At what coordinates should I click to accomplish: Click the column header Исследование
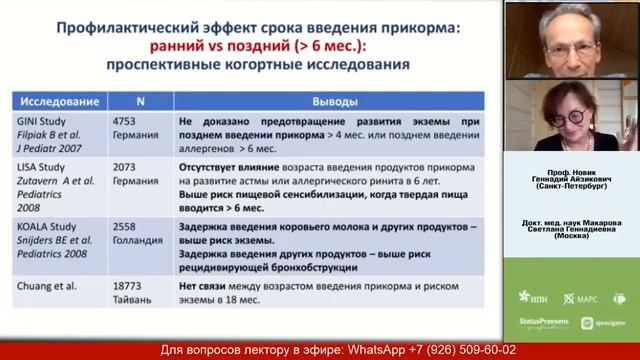click(x=56, y=101)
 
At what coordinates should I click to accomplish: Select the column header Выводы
click(x=325, y=101)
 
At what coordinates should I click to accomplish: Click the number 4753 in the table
click(x=128, y=119)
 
